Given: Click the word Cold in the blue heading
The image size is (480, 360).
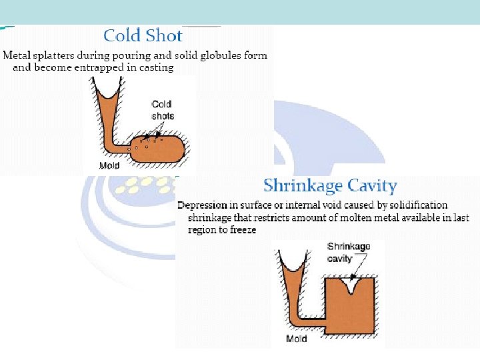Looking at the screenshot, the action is (122, 35).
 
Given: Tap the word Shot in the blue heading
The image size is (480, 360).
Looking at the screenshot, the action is (164, 35).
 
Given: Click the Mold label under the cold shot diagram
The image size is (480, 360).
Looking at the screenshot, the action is (109, 165).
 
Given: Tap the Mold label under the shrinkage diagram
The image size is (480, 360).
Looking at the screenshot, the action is (296, 339).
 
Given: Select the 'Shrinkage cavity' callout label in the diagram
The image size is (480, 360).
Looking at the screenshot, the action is (349, 253).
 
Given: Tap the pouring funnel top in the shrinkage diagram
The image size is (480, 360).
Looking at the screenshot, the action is (293, 263).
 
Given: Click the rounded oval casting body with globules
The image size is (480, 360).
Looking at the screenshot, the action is (158, 149).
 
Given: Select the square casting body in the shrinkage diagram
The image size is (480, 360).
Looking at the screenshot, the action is (349, 306).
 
